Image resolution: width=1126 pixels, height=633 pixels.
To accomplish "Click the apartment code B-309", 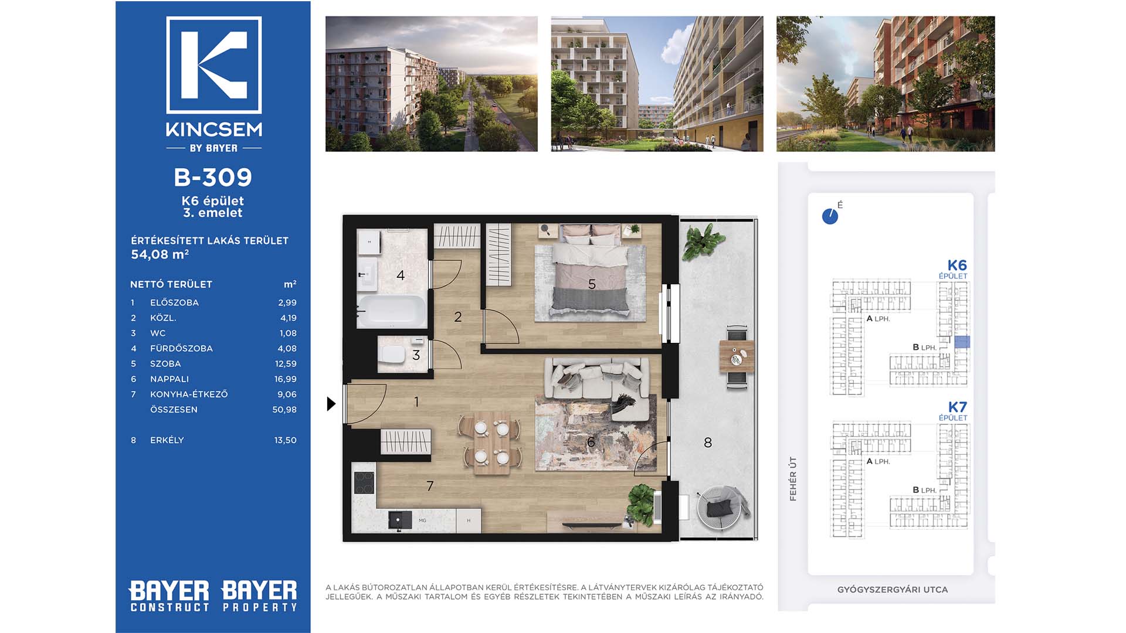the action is [213, 177].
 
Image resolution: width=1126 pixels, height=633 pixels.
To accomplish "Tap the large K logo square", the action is [214, 65].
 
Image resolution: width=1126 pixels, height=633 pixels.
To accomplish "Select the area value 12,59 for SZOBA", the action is [286, 363].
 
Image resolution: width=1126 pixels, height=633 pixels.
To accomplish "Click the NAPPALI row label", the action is [169, 379].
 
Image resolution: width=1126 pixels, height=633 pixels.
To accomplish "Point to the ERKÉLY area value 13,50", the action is [286, 440].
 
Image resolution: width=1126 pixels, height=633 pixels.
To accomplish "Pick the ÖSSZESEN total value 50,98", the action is [284, 409].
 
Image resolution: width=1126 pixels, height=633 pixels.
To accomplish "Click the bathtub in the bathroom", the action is [392, 311].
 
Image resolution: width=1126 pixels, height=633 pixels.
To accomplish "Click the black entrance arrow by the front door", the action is [331, 403].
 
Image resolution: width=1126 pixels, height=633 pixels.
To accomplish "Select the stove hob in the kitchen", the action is [364, 483].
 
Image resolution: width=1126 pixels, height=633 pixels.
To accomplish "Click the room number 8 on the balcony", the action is [708, 443].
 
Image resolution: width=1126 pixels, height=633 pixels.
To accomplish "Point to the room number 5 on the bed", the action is [592, 284].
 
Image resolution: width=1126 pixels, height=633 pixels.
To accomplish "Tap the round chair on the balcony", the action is [723, 508].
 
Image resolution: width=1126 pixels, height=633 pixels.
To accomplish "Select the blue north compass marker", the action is [830, 216].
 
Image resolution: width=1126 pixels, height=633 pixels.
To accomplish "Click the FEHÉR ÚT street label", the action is [793, 479].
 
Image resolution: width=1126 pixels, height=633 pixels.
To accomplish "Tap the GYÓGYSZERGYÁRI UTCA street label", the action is [892, 590].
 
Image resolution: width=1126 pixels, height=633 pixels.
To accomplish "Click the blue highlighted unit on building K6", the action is [962, 342].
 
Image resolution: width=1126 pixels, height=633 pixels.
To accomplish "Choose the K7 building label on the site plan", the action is [957, 407].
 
